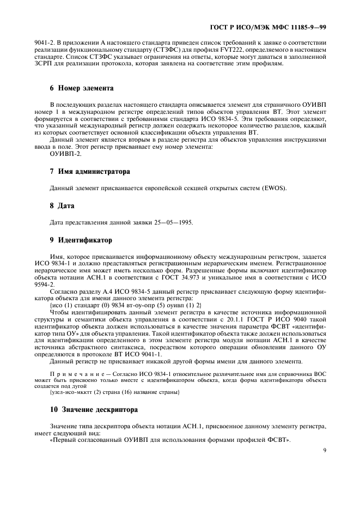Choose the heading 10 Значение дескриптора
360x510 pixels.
click(x=94, y=409)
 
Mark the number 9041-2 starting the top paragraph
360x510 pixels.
click(x=45, y=42)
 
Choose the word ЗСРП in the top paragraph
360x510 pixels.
click(x=42, y=64)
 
